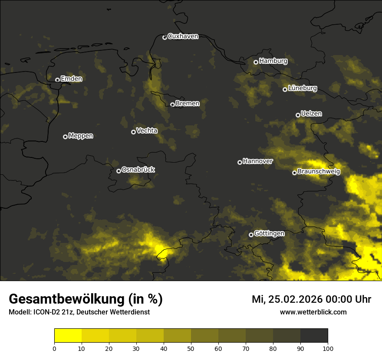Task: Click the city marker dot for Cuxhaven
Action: (x=165, y=37)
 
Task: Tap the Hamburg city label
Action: (x=273, y=61)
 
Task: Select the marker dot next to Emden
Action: (x=57, y=79)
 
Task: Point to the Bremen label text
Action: (x=188, y=104)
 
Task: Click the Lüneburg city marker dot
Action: (x=285, y=89)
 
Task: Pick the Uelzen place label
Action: (x=311, y=114)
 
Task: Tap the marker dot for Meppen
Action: (x=65, y=137)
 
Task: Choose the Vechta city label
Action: (x=147, y=131)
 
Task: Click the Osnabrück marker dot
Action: (x=119, y=171)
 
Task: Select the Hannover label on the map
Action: (x=258, y=161)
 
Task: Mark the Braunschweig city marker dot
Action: (x=294, y=173)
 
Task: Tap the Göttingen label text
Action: (x=269, y=234)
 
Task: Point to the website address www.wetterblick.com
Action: (x=313, y=312)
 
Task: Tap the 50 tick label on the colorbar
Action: (x=191, y=348)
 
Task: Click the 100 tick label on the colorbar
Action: (x=328, y=348)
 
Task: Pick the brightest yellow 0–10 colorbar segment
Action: (x=68, y=336)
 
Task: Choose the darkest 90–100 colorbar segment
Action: (x=314, y=336)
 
